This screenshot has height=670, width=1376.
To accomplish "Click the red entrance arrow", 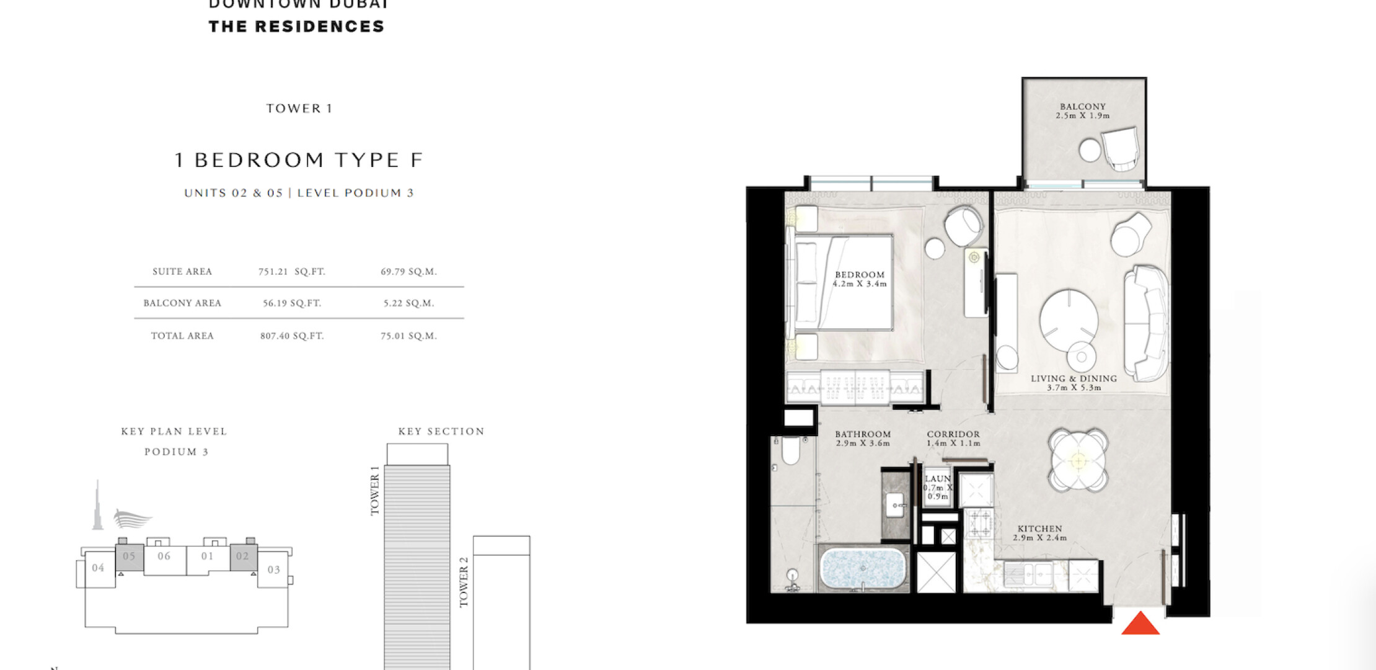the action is (x=1140, y=624).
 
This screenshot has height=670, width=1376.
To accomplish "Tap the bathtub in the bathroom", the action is (x=863, y=568).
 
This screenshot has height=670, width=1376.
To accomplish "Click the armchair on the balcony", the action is (x=1121, y=149).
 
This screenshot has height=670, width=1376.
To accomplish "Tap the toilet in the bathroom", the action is (x=790, y=450).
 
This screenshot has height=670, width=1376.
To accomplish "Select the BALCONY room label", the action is (x=1083, y=107).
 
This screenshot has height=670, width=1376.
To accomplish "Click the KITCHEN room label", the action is (x=1040, y=529).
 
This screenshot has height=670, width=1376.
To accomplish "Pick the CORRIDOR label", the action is (x=953, y=434).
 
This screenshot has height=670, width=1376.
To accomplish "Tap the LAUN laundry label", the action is (x=937, y=479).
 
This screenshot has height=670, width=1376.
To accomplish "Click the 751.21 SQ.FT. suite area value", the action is (x=292, y=272).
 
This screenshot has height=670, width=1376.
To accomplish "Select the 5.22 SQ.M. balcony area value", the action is (x=408, y=303).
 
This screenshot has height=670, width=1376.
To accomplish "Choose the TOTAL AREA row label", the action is (x=182, y=336).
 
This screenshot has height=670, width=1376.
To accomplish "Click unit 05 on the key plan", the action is (x=129, y=556).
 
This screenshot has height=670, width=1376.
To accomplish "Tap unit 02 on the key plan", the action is (x=242, y=556).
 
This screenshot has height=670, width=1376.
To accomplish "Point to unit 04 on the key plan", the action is (x=98, y=568).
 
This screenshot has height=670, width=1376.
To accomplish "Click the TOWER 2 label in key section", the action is (x=464, y=582).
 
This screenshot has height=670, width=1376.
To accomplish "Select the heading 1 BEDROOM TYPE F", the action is (x=299, y=160).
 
